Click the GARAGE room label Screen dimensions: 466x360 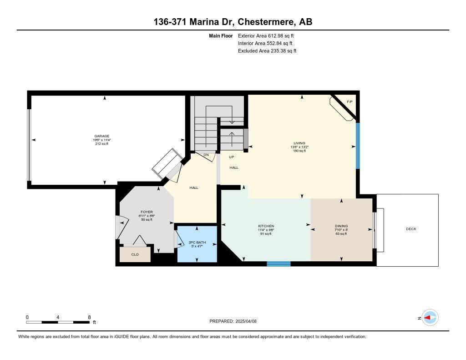[x=102, y=136]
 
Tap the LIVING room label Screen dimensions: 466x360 [x=299, y=143]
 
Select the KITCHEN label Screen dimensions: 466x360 [x=266, y=226]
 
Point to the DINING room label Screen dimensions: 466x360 [x=341, y=226]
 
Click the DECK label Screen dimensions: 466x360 [x=411, y=229]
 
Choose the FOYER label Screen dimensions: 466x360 [x=147, y=212]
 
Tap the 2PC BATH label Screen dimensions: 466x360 [x=198, y=242]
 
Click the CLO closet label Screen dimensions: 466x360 [x=135, y=254]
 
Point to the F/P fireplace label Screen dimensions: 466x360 [x=350, y=102]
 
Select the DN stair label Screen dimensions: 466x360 [x=206, y=155]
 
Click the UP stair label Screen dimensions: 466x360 [x=232, y=157]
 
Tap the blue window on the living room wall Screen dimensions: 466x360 [x=358, y=146]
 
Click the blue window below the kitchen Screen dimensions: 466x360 [x=279, y=264]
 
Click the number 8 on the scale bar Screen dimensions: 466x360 [x=89, y=317]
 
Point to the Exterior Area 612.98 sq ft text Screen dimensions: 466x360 [x=266, y=35]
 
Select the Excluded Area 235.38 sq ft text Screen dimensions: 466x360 [x=267, y=51]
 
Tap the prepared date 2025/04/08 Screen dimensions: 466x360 [x=246, y=321]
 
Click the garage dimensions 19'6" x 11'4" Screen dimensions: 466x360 [x=102, y=140]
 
